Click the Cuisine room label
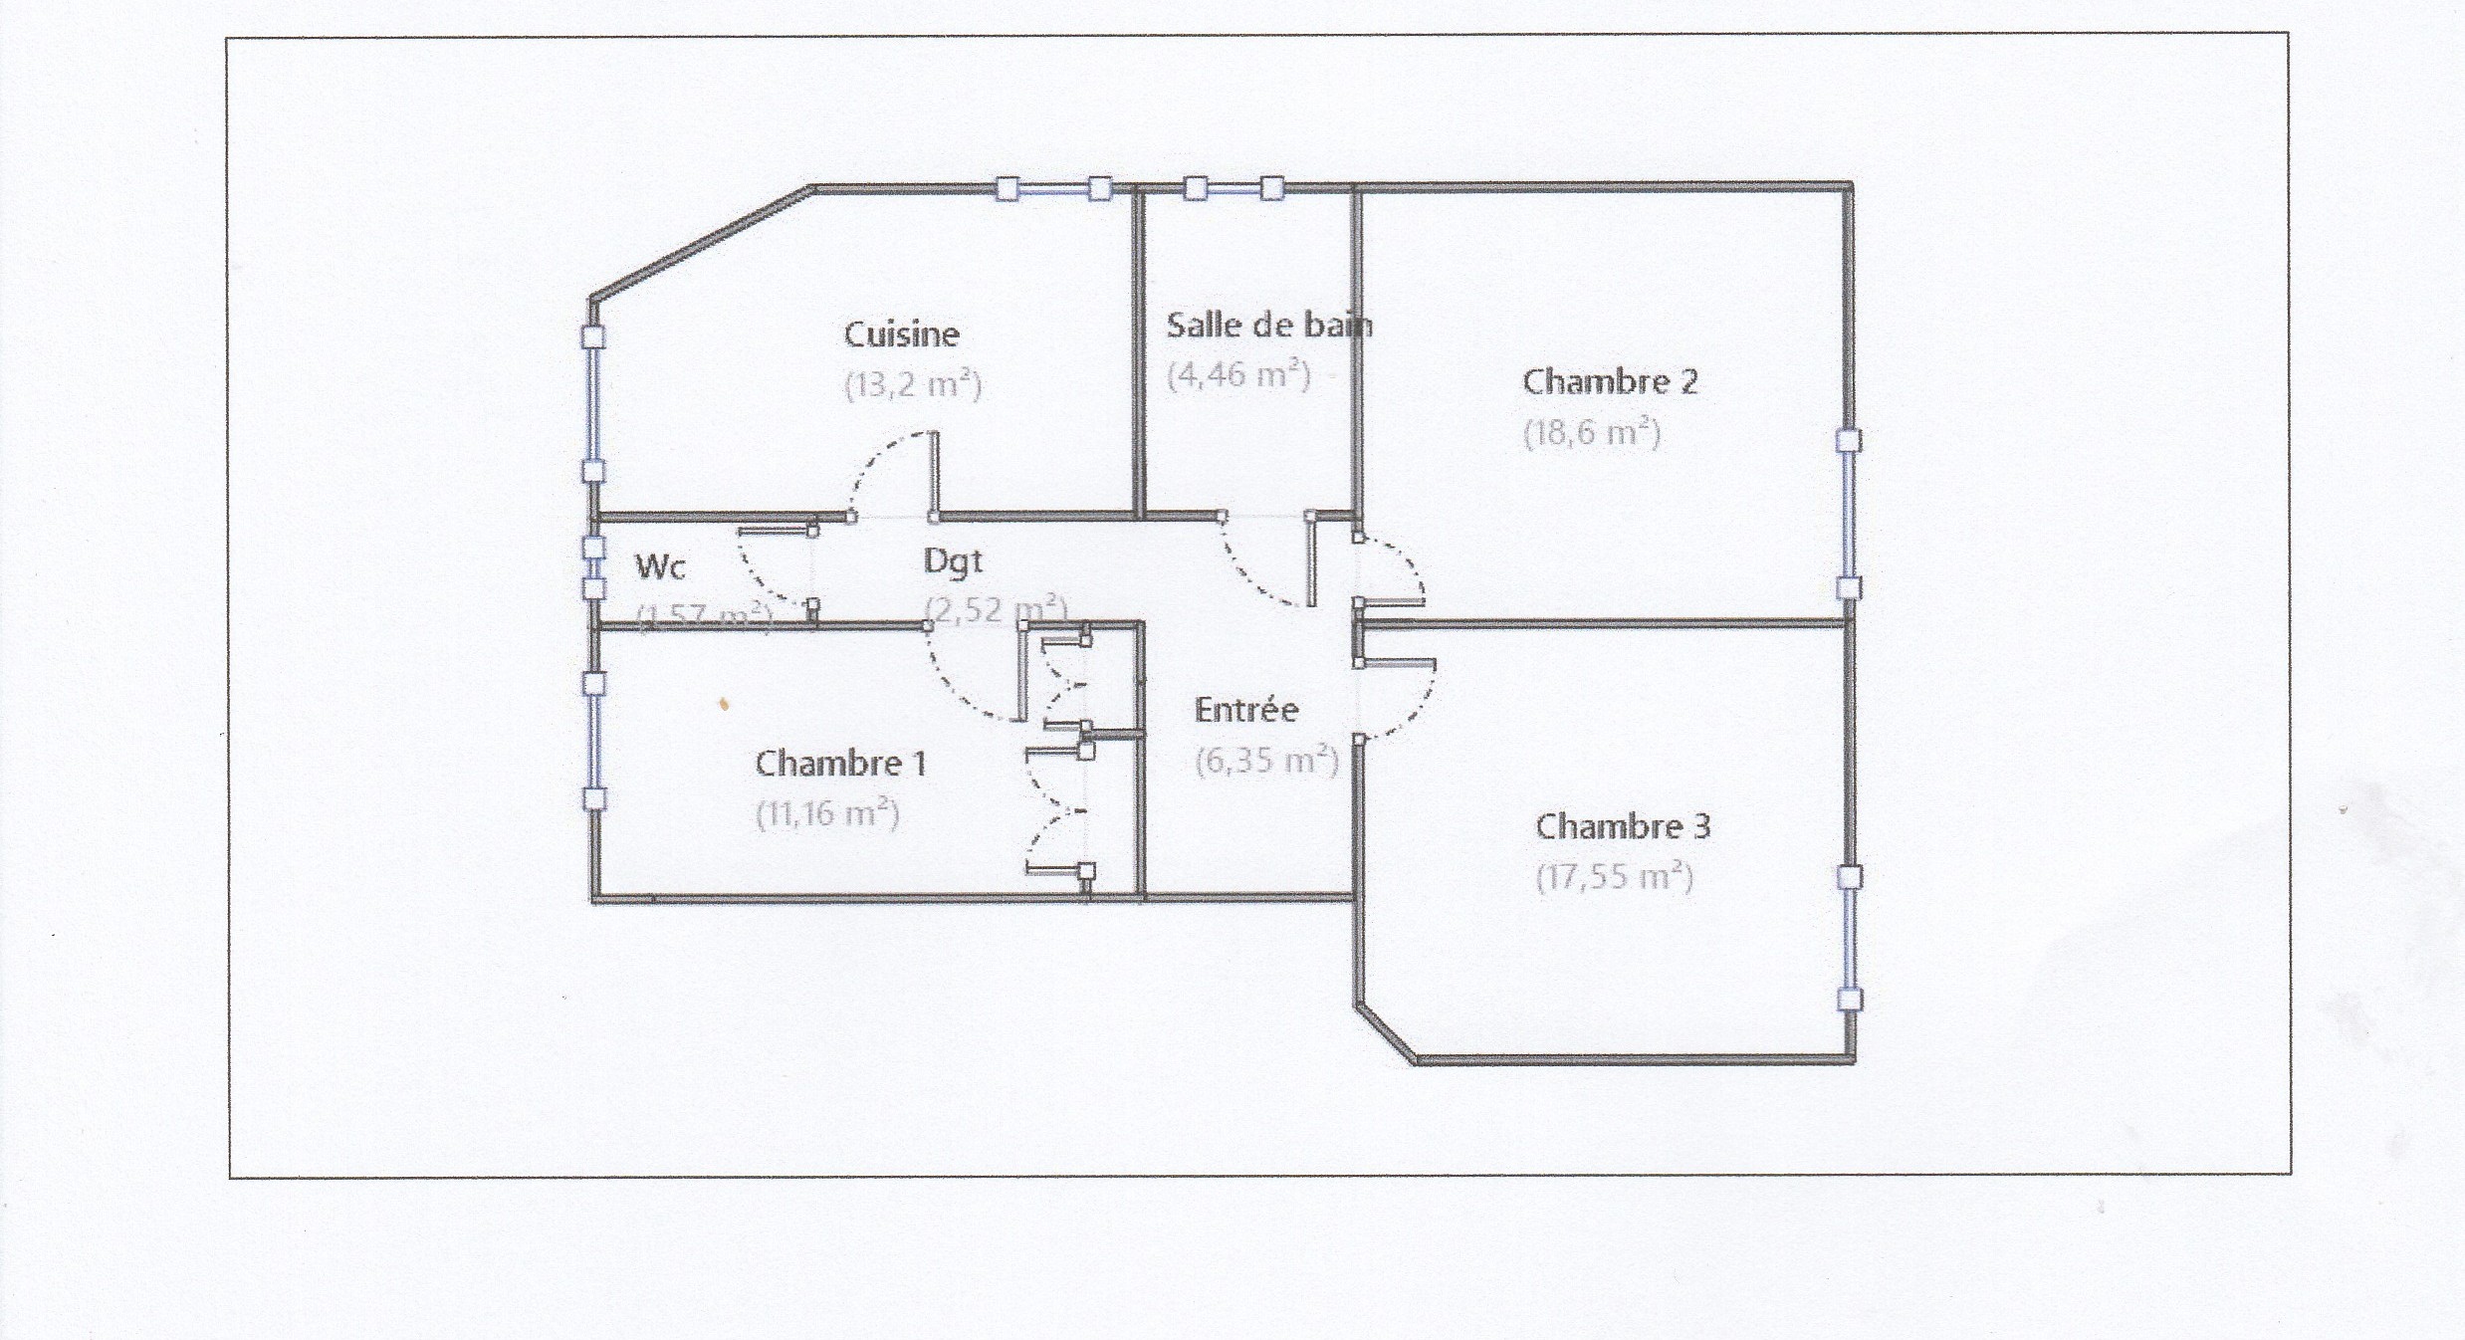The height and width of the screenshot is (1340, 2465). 901,335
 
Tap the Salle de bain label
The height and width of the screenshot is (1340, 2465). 1268,326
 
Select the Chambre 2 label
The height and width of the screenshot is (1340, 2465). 1610,381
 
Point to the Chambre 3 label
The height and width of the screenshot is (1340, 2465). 1623,826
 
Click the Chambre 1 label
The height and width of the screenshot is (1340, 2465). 840,764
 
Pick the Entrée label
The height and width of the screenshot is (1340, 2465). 1246,710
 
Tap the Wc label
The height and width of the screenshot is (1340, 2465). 660,566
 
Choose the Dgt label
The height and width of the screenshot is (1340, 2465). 953,561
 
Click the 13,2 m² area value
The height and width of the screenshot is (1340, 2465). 913,384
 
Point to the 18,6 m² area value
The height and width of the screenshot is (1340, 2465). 1592,433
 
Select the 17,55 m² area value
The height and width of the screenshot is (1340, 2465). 1614,877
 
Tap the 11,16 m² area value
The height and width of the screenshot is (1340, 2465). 827,814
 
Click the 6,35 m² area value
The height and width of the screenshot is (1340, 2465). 1266,761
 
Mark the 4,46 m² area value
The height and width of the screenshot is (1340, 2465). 1238,375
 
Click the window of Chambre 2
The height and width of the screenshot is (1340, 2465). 1849,514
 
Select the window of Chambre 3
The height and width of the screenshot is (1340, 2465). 1850,938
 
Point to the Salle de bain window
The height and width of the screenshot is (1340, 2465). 1233,188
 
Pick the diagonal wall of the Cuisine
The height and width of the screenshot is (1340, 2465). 702,242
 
